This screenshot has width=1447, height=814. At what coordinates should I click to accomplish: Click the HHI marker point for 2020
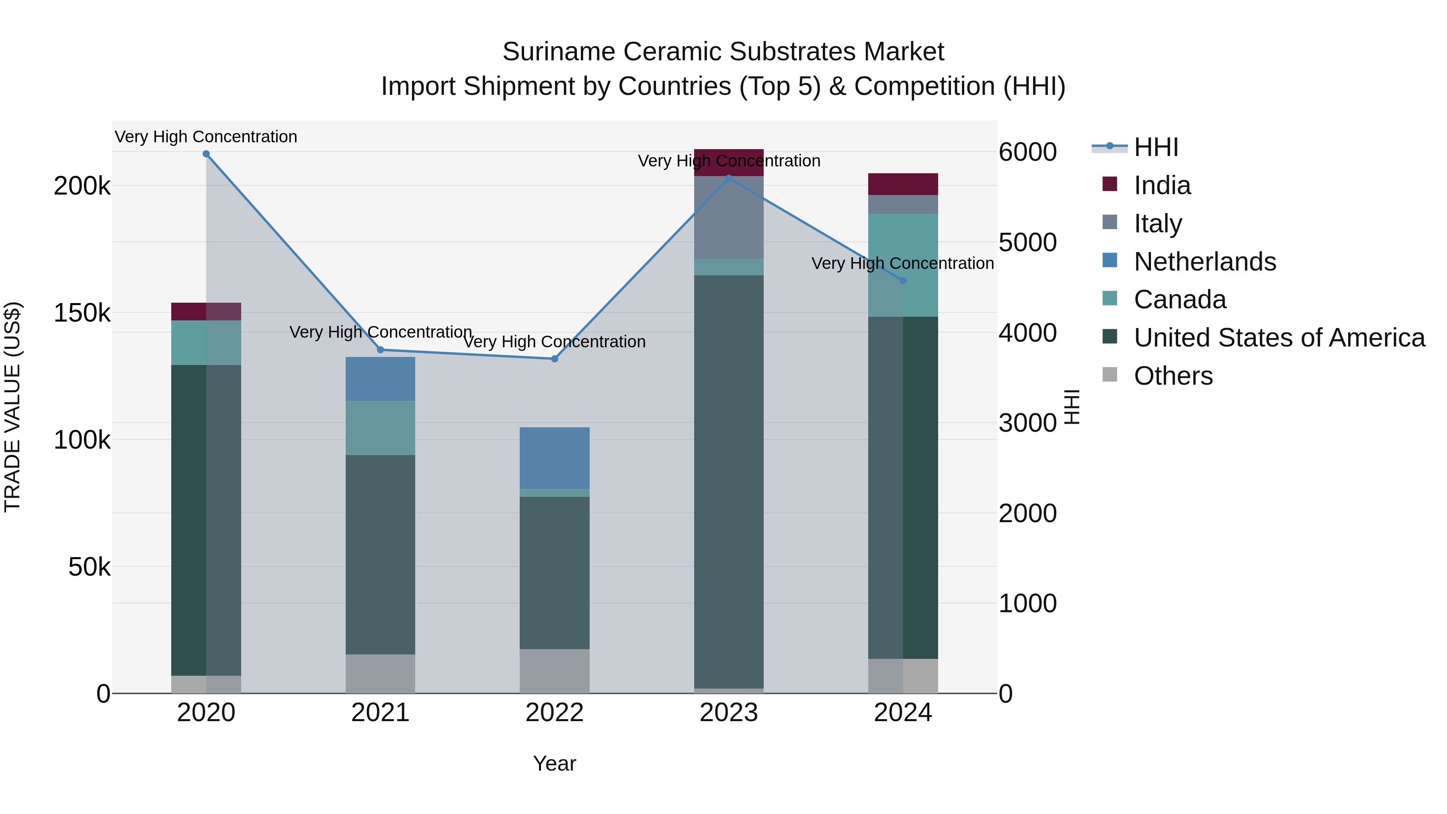coord(206,154)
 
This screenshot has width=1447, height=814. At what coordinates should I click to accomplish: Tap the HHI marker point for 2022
coord(554,359)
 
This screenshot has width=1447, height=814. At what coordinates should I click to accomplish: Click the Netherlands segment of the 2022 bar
coord(554,458)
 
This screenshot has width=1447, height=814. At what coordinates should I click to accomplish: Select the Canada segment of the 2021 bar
coord(380,428)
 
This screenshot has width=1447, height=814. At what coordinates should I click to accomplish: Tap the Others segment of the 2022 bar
coord(554,671)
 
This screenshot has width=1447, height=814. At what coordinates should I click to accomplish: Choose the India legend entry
coord(1161,185)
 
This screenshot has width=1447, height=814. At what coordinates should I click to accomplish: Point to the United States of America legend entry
coord(1279,338)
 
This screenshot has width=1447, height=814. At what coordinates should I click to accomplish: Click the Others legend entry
coord(1172,376)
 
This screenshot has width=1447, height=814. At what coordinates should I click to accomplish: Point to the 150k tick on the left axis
coord(82,313)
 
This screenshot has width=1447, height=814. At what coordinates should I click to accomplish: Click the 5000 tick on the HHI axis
coord(1027,243)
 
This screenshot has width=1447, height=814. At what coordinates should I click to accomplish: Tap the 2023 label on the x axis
coord(729,713)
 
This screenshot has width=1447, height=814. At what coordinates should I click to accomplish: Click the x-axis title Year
coord(554,763)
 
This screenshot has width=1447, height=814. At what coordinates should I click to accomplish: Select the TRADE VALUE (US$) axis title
coord(12,407)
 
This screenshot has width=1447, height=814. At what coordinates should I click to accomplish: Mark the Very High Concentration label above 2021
coord(380,332)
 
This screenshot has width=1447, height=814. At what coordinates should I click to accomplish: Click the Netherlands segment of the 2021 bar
coord(380,379)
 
